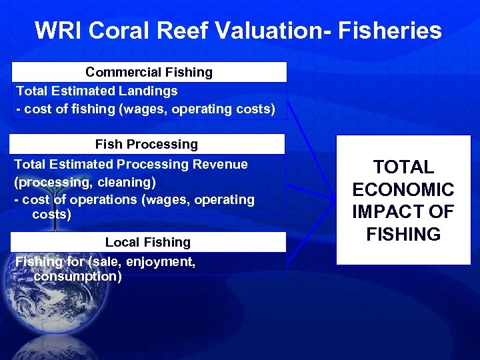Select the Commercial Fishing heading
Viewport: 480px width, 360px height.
(x=149, y=72)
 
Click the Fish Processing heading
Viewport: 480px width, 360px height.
(x=147, y=144)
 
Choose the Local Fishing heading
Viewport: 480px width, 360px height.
(x=147, y=242)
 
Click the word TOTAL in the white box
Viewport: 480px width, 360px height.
(x=403, y=167)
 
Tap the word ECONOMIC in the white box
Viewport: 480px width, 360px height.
(x=403, y=190)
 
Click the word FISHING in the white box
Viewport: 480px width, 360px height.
(x=403, y=235)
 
